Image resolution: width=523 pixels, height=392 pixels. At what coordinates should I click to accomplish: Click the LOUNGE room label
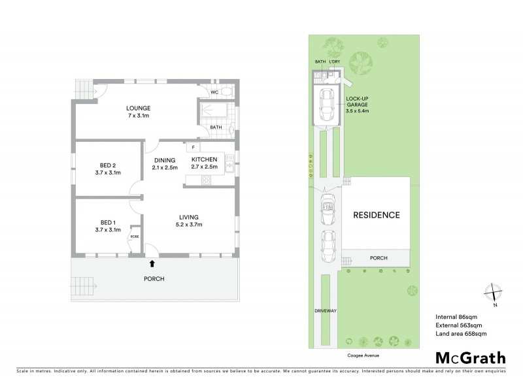(139, 108)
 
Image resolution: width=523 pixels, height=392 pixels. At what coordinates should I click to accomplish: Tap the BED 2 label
(108, 165)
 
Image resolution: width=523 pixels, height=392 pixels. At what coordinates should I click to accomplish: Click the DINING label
(165, 159)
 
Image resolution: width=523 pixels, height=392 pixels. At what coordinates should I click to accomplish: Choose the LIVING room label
(189, 217)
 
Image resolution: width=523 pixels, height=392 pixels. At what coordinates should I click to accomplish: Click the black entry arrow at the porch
(152, 264)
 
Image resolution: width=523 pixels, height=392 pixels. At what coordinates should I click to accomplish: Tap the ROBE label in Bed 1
(135, 236)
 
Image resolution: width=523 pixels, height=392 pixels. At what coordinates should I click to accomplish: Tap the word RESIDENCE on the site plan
(377, 214)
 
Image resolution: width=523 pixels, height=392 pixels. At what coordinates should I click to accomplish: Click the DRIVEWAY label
(325, 311)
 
